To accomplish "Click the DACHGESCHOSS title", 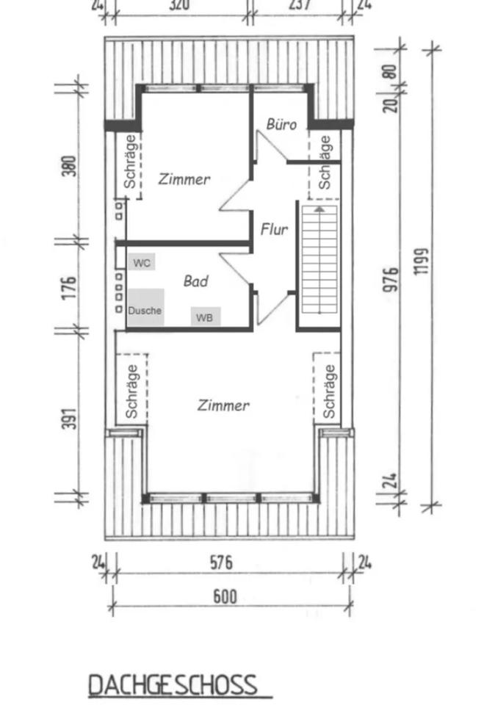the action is point(173,684).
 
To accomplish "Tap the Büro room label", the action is point(281,124).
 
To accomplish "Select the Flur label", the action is point(274,230).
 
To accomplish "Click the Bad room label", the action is point(195,281).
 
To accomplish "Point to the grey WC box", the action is point(142,262).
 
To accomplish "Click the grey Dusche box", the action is point(145,310).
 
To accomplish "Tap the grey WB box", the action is point(206,317).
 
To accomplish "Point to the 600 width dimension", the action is point(225,596).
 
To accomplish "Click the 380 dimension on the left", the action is point(68,167).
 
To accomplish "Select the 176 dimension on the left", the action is point(68,287).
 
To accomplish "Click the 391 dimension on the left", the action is point(68,416).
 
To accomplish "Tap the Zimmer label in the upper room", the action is point(184,179).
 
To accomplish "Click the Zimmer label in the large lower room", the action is point(223,405).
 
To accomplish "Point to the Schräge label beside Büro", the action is point(326,164).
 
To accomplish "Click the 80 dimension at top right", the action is point(391,71).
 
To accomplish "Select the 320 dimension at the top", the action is point(179,5).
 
